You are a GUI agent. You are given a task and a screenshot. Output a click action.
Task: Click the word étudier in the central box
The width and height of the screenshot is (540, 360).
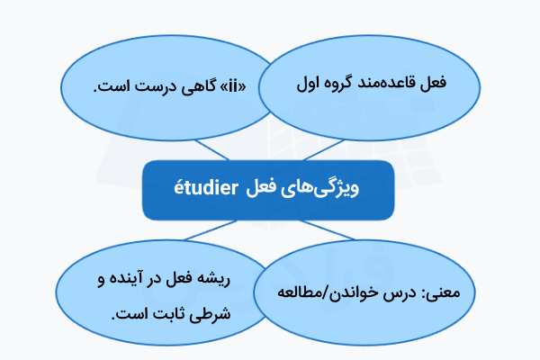click(x=204, y=188)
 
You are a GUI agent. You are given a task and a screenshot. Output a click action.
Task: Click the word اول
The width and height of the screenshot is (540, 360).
click(x=308, y=84)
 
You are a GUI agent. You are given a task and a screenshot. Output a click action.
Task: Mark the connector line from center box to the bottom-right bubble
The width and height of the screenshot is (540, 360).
click(x=310, y=228)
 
